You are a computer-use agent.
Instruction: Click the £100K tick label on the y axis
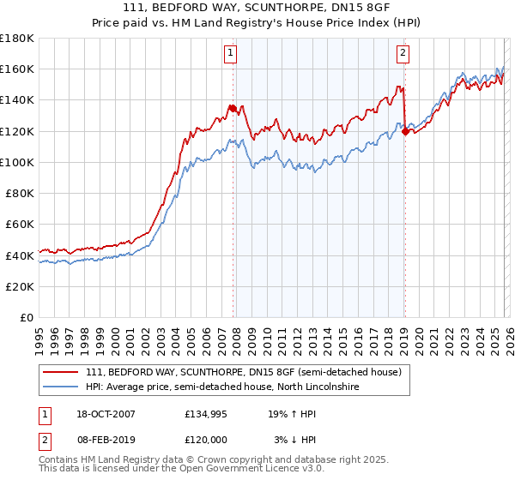pyautogui.click(x=17, y=162)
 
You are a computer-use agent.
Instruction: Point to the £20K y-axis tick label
pyautogui.click(x=20, y=286)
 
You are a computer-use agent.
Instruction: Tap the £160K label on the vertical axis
pyautogui.click(x=17, y=69)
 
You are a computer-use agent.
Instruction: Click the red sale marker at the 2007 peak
pyautogui.click(x=233, y=108)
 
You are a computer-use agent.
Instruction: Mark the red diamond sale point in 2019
pyautogui.click(x=404, y=131)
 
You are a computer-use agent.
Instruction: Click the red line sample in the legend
pyautogui.click(x=62, y=373)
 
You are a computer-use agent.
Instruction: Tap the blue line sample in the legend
pyautogui.click(x=62, y=387)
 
